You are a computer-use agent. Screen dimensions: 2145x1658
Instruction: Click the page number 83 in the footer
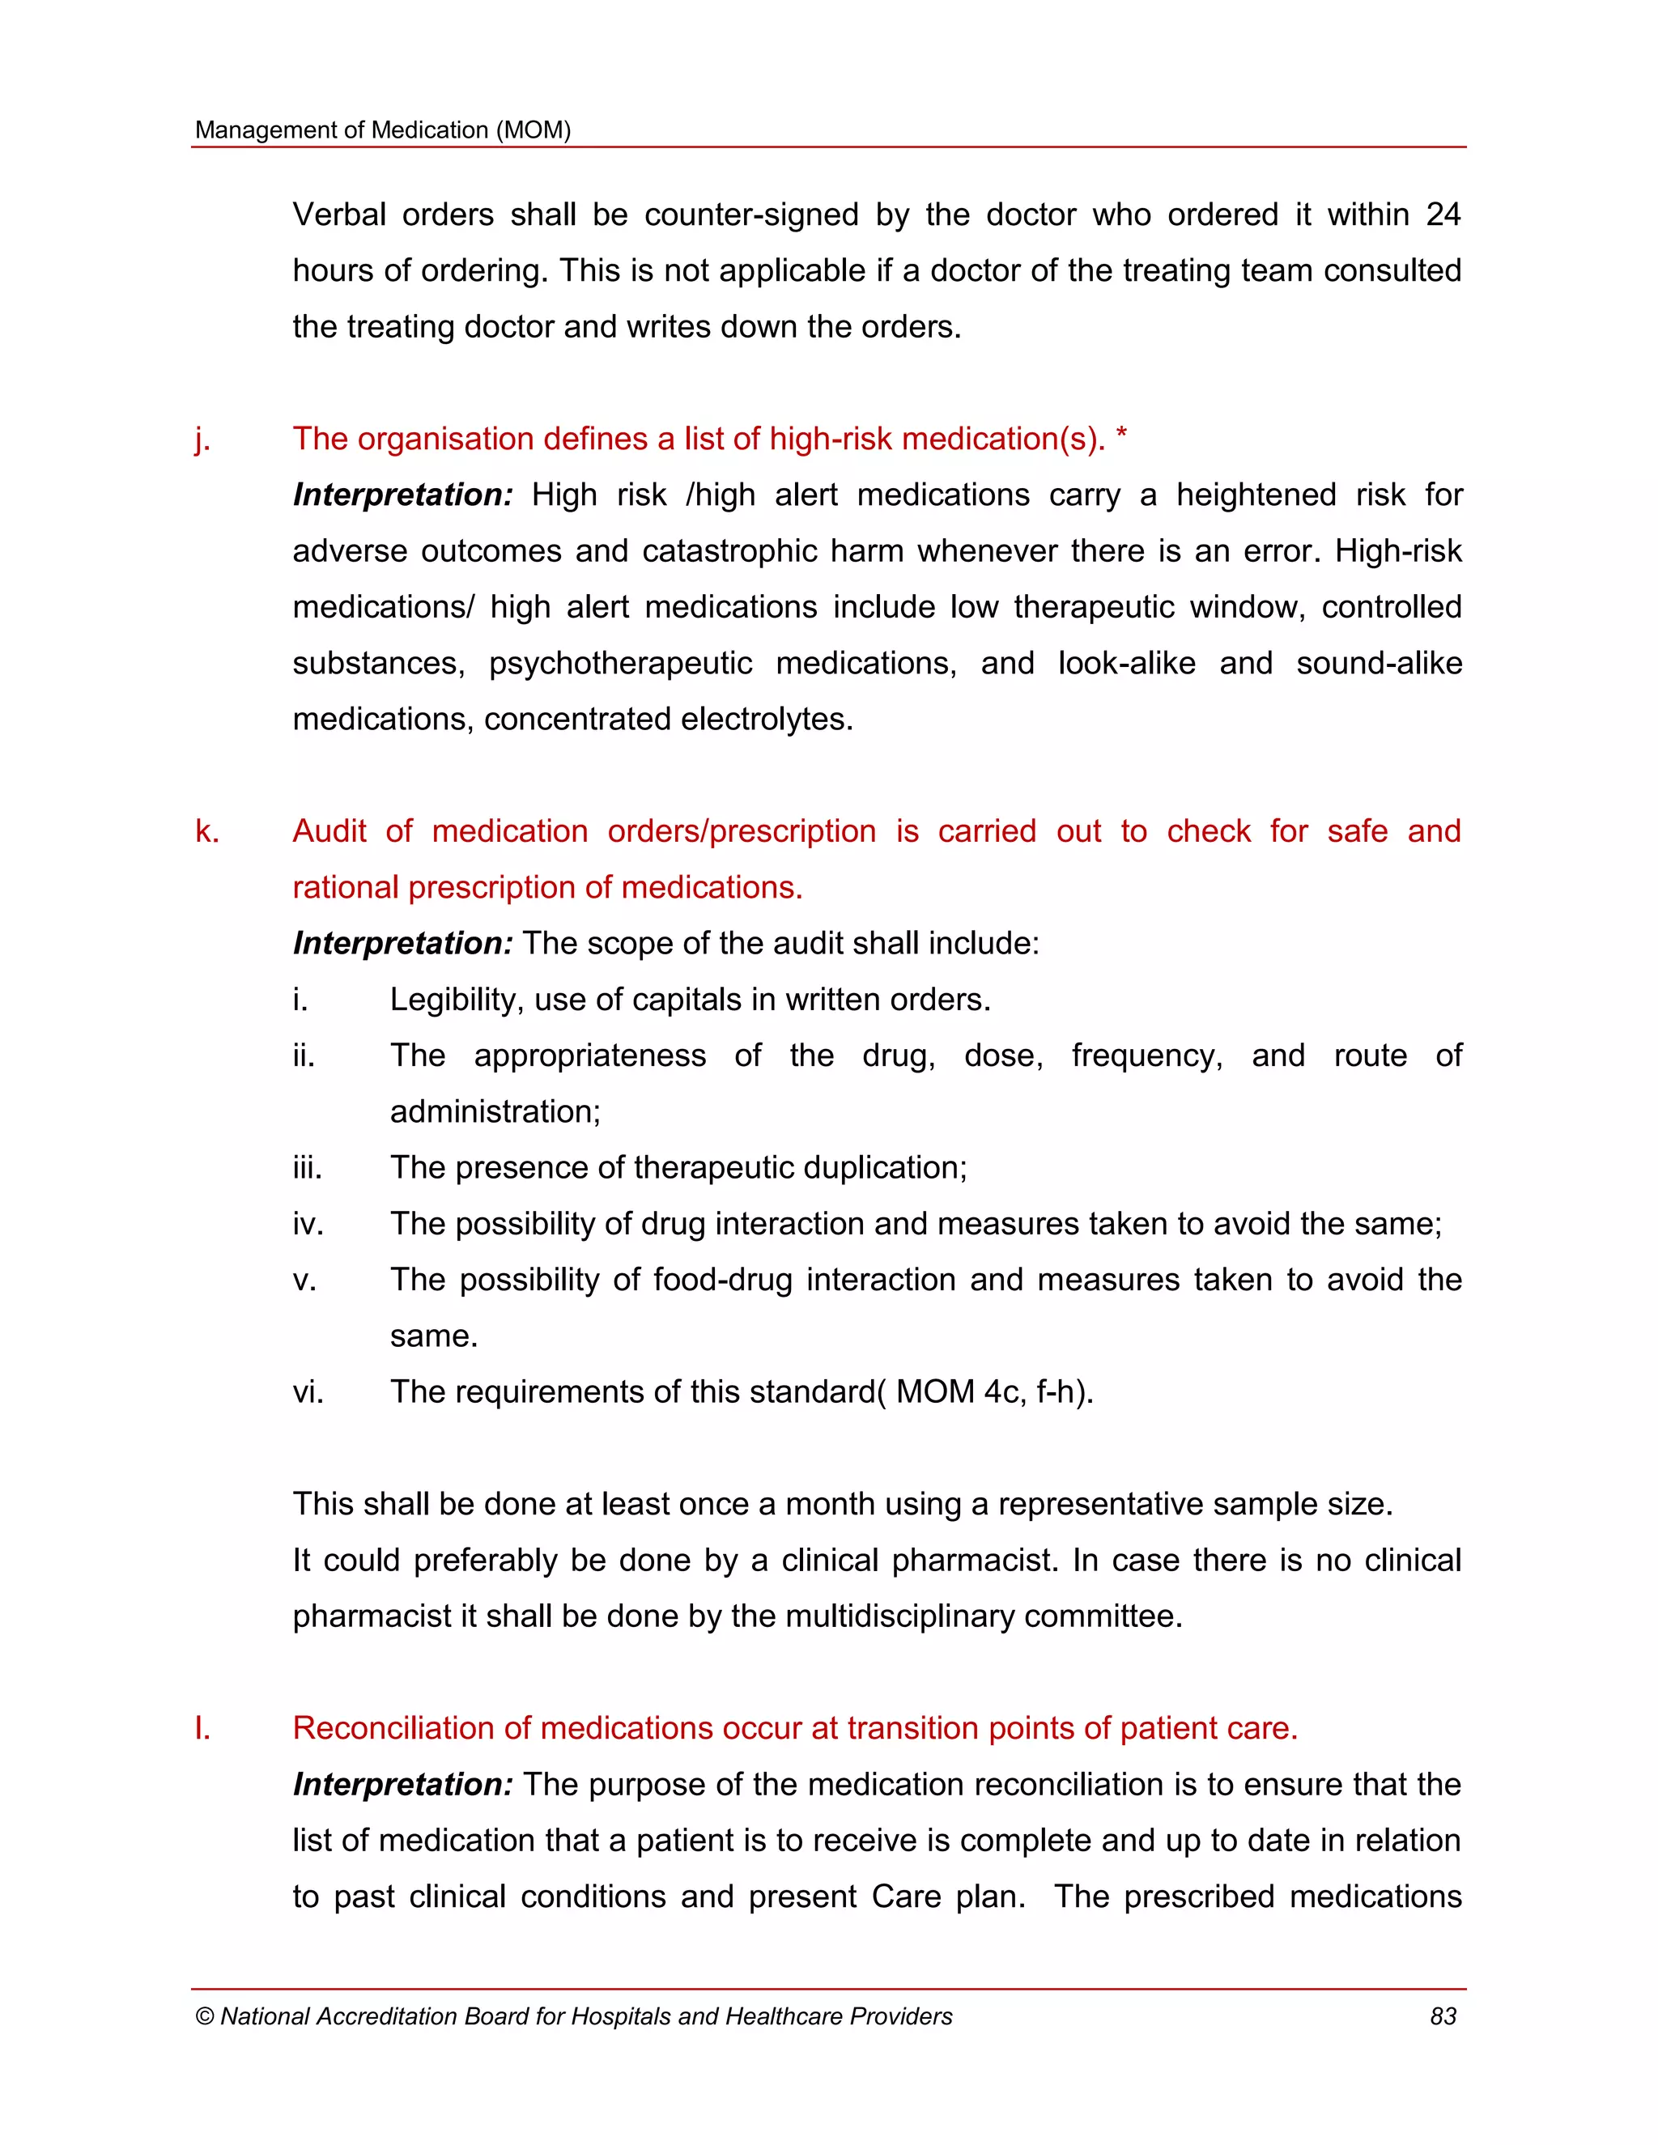pos(1442,2016)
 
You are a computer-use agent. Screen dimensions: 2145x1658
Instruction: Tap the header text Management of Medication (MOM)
pos(383,130)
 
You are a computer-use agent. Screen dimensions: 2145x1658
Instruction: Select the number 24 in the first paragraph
pos(1442,214)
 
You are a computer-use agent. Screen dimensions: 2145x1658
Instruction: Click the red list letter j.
pos(202,439)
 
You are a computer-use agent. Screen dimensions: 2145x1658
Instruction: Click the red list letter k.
pos(206,831)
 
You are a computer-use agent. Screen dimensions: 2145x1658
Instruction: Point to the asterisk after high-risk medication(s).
pos(1122,436)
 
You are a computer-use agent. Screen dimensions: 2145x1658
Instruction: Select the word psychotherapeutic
pos(620,663)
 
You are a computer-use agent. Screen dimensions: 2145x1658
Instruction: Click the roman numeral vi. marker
pos(308,1391)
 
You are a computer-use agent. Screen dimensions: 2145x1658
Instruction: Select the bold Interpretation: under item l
pos(402,1785)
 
